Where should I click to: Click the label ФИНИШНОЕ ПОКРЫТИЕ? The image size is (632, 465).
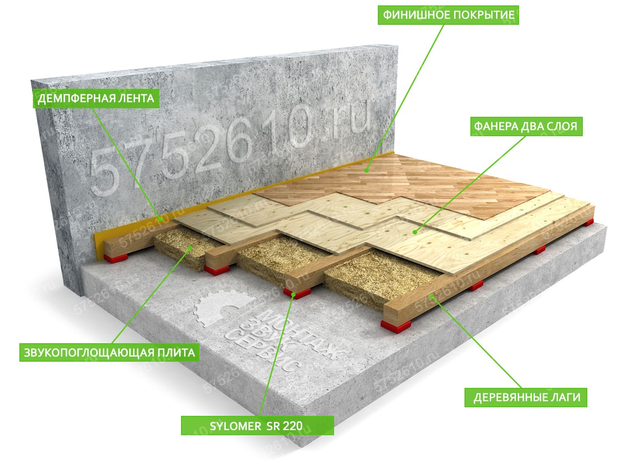pos(448,15)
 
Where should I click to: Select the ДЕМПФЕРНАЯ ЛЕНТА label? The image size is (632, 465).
pos(96,98)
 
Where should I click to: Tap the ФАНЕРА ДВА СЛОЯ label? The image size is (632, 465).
pos(526,126)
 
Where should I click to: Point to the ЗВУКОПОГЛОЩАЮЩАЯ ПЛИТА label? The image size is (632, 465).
pos(109,352)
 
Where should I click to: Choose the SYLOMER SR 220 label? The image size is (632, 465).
pos(257,426)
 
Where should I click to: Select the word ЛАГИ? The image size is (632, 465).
pos(566,397)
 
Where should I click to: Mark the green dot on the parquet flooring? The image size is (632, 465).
pos(366,170)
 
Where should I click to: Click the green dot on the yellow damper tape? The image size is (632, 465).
pos(160,219)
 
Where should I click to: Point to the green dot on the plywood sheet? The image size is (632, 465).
pos(415,232)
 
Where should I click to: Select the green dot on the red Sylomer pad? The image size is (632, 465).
pos(293,294)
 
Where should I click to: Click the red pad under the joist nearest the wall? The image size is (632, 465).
pos(116,258)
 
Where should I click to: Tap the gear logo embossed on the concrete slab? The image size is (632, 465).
pos(224,309)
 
